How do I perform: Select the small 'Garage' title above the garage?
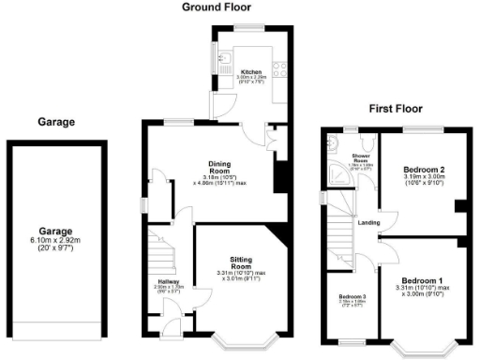pos(55,122)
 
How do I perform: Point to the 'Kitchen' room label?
pos(251,71)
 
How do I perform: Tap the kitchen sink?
pos(225,62)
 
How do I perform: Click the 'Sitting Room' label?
pos(242,263)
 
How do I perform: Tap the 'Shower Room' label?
pos(361,158)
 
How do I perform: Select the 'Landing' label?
pos(368,222)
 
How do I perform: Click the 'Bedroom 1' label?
pos(421,281)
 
